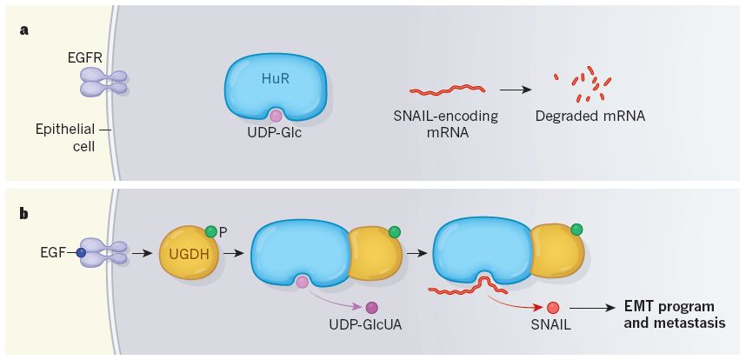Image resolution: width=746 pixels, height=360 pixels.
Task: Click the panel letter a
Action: point(23,31)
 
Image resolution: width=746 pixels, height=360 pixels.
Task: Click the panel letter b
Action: point(24,214)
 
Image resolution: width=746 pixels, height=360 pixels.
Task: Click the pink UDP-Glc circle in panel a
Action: point(276,115)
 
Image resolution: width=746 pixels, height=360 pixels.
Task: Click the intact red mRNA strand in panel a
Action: point(448,90)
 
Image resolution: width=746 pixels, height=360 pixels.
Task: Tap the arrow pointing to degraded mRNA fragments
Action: point(516,90)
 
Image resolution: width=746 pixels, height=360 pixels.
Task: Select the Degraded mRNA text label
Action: point(590,117)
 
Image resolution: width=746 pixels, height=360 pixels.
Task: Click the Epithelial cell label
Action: point(65,137)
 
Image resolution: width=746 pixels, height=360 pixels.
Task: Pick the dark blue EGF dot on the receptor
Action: point(81,253)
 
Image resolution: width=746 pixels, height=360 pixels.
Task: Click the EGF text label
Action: point(54,253)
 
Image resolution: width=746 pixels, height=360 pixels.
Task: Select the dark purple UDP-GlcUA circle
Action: point(371,308)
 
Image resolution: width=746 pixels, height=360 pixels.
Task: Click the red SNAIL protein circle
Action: point(553,308)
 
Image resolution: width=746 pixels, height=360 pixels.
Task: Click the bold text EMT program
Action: point(669,305)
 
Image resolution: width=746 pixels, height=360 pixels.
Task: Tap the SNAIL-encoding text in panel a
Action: point(446,117)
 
